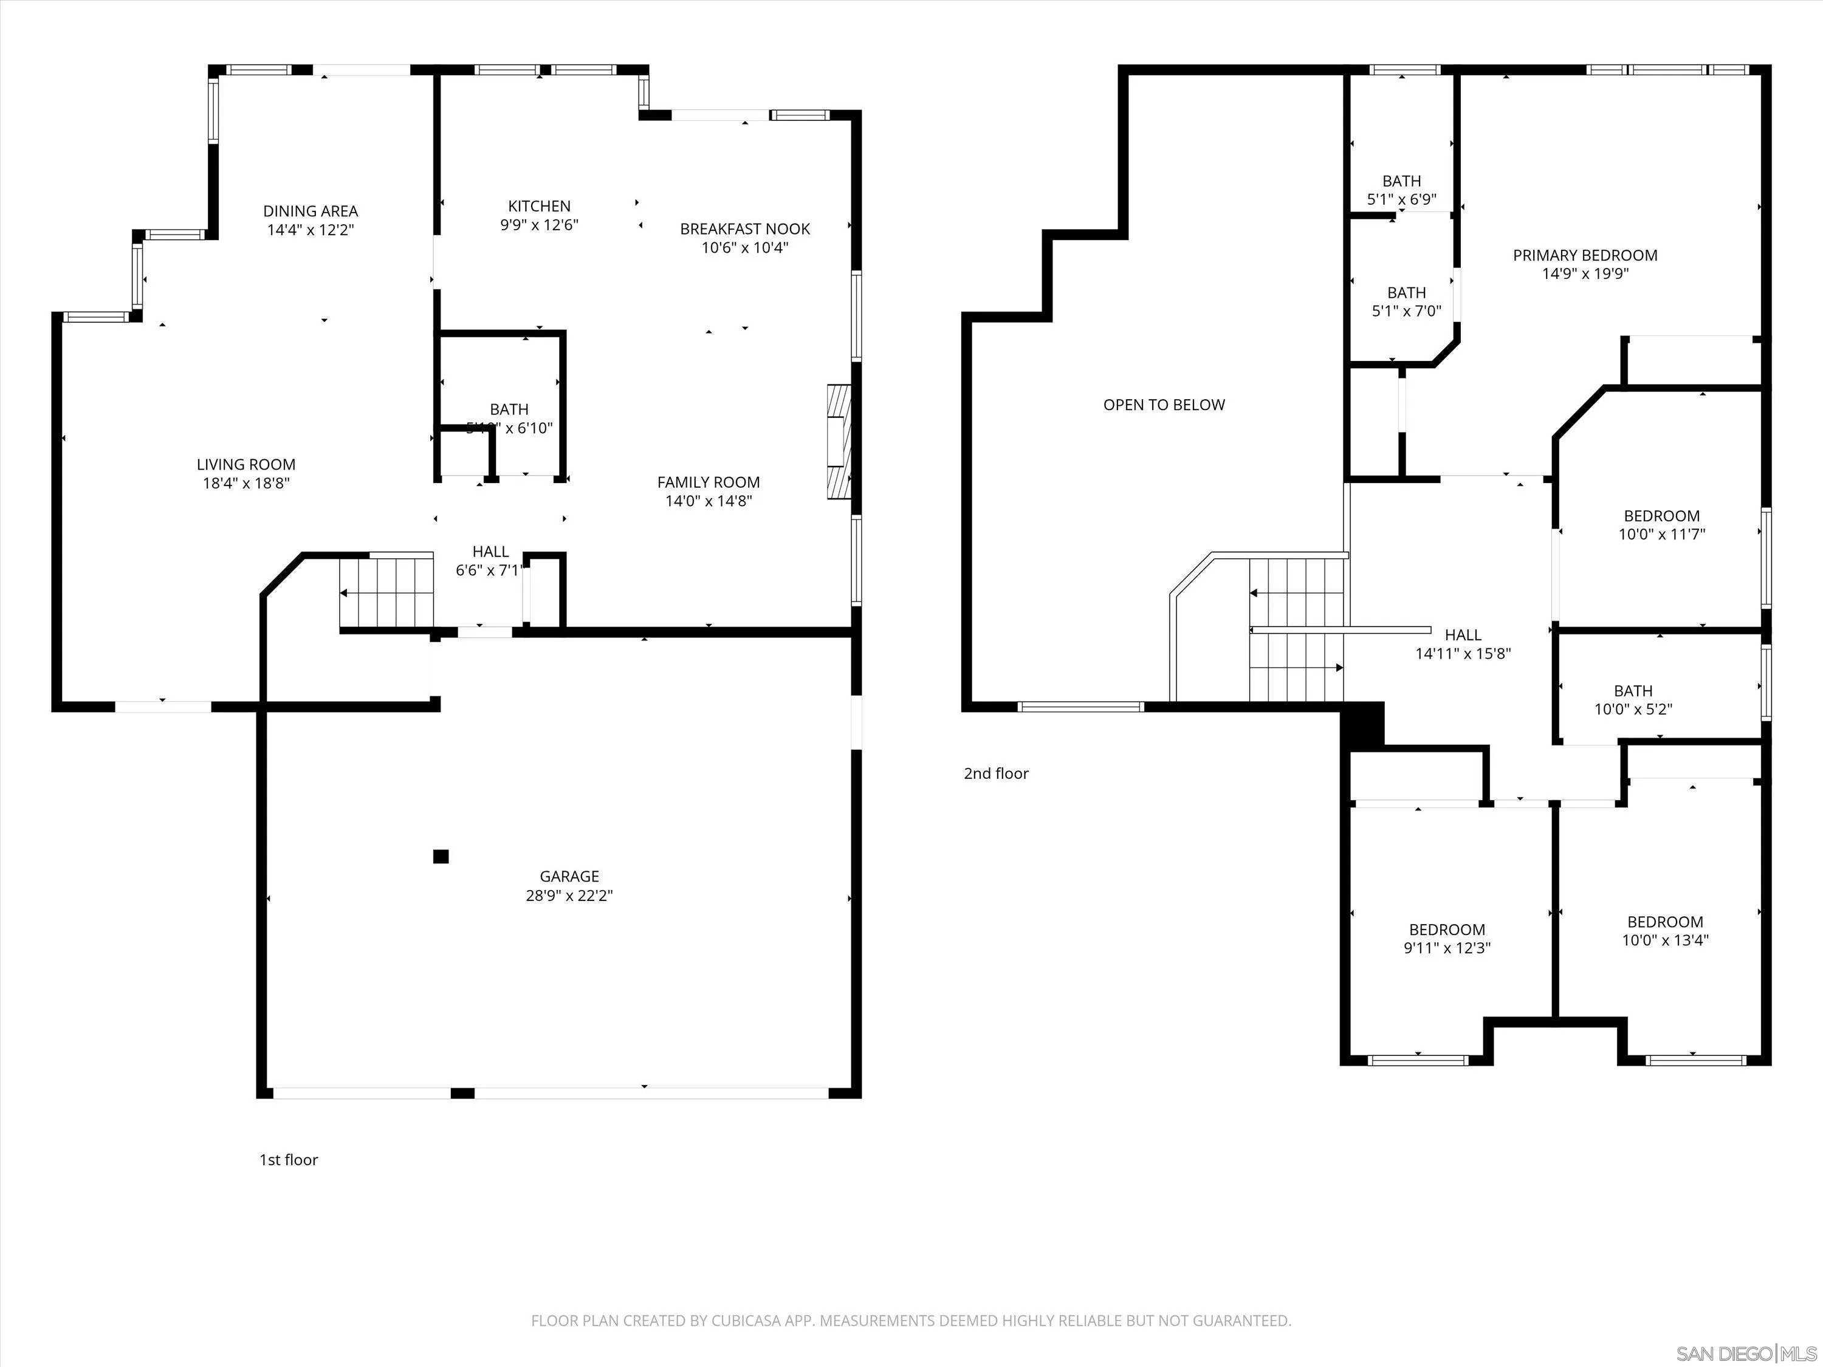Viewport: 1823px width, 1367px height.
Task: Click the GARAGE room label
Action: click(x=569, y=876)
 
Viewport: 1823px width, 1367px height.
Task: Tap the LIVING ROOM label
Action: click(x=245, y=465)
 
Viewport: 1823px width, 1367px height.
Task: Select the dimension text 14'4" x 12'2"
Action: click(x=310, y=230)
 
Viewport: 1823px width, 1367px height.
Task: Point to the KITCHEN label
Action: click(x=539, y=206)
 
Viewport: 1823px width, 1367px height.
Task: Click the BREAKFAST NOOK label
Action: click(x=744, y=229)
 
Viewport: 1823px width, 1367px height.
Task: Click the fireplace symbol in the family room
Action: click(x=837, y=441)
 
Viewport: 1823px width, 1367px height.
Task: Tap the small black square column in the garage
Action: click(x=441, y=857)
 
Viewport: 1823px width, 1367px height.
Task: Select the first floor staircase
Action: click(x=387, y=592)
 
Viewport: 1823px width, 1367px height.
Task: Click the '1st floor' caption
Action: click(x=289, y=1159)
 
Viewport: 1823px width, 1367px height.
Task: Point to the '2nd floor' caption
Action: click(x=995, y=773)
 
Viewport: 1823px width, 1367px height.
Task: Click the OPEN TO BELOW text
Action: click(x=1164, y=405)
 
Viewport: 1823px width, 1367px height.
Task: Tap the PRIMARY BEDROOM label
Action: click(x=1585, y=255)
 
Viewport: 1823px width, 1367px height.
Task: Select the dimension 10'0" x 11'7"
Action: click(x=1661, y=534)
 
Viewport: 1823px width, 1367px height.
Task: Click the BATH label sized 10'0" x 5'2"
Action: click(x=1633, y=691)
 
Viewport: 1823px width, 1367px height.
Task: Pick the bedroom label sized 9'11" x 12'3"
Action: click(x=1446, y=930)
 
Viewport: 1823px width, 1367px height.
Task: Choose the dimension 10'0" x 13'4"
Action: click(x=1665, y=940)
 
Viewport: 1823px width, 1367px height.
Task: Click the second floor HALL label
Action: click(x=1463, y=634)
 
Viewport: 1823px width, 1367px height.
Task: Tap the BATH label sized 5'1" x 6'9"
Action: click(x=1401, y=180)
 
